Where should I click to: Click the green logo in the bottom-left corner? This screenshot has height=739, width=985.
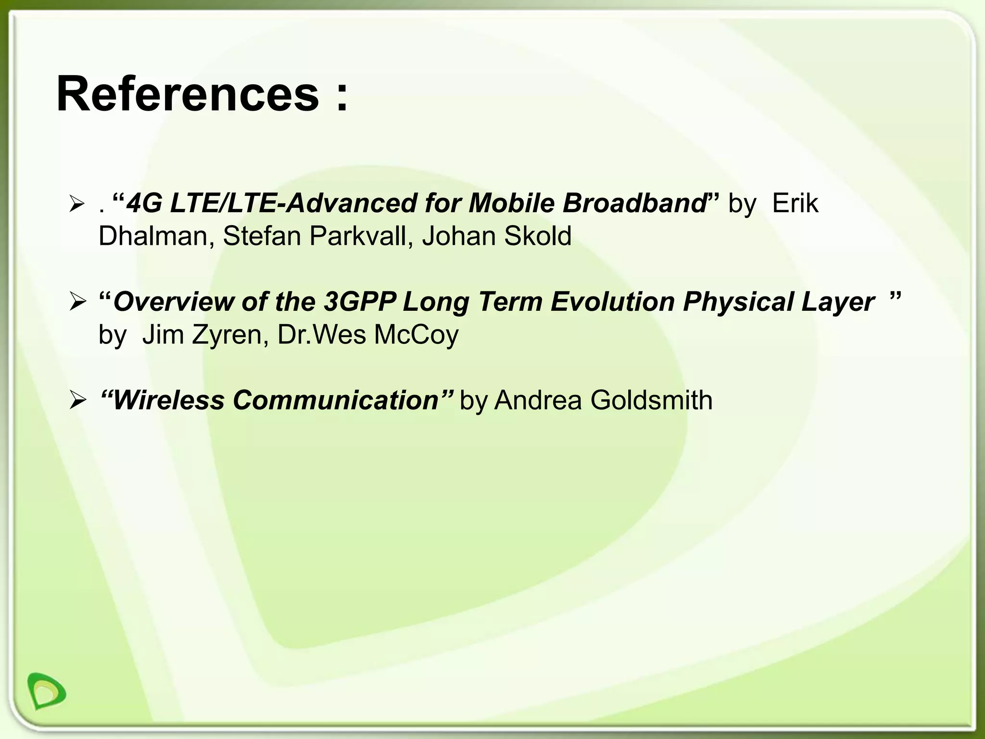(x=46, y=690)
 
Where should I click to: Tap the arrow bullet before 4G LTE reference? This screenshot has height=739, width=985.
(x=77, y=204)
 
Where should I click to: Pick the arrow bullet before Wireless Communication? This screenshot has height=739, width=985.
(x=77, y=401)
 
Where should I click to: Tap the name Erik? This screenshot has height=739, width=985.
(x=795, y=204)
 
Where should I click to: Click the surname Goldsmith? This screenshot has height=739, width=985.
(x=651, y=400)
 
